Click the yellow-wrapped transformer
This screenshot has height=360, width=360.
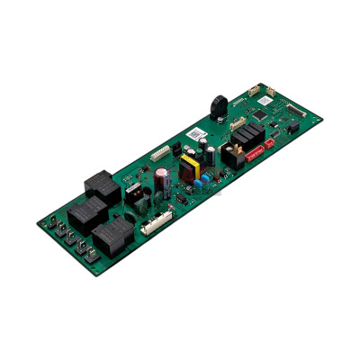pos(191,166)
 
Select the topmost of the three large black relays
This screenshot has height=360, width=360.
pos(99,185)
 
